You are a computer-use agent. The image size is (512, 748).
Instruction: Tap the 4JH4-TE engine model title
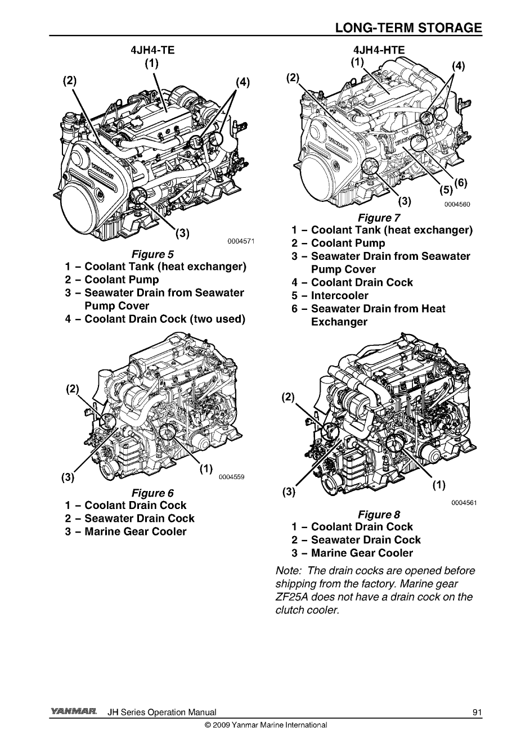(x=152, y=49)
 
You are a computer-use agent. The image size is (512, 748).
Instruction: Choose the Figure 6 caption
(x=149, y=493)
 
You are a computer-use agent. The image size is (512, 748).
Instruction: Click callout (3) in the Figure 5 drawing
(x=182, y=233)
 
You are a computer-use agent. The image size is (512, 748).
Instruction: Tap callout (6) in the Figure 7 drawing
(x=460, y=182)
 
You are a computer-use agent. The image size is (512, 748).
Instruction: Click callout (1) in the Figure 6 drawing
(x=206, y=468)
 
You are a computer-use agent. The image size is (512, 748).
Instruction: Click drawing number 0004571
(x=241, y=242)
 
